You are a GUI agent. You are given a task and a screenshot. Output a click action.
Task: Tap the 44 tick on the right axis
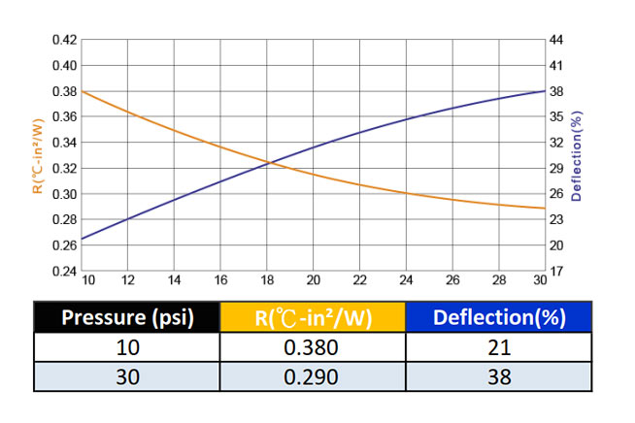[x=556, y=40]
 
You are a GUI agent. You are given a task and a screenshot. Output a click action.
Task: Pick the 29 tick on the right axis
[x=556, y=168]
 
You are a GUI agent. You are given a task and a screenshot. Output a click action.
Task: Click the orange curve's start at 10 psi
[x=82, y=91]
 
